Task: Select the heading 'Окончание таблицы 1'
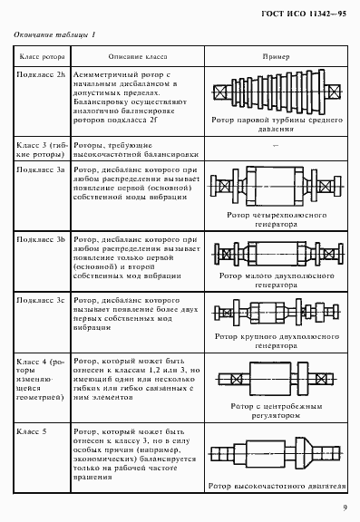point(54,34)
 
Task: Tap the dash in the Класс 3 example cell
point(276,146)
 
